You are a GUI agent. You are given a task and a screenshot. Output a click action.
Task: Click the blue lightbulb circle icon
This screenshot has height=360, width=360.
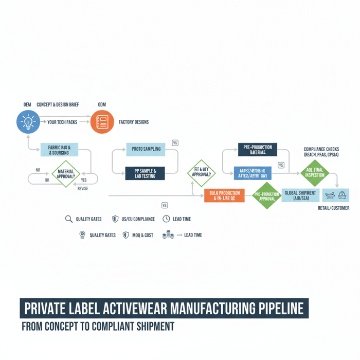pyautogui.click(x=28, y=122)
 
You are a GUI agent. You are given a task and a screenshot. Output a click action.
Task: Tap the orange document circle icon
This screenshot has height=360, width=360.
pyautogui.click(x=102, y=122)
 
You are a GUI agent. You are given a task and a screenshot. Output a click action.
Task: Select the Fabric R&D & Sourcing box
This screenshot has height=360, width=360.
pyautogui.click(x=60, y=150)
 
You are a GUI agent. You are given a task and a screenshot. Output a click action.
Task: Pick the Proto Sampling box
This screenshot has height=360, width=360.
pyautogui.click(x=146, y=149)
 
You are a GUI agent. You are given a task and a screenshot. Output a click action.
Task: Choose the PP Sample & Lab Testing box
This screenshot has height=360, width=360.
pyautogui.click(x=146, y=173)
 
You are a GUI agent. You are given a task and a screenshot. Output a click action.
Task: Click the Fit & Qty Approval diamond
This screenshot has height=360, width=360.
pyautogui.click(x=201, y=172)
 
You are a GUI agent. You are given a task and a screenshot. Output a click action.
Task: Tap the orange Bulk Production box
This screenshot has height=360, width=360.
pyautogui.click(x=224, y=195)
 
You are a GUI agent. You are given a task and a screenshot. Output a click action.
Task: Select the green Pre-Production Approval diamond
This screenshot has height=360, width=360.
pyautogui.click(x=266, y=195)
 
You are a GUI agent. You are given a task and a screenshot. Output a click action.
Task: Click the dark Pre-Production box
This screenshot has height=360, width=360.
pyautogui.click(x=257, y=150)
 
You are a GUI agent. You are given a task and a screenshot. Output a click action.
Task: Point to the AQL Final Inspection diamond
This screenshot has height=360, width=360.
pyautogui.click(x=314, y=172)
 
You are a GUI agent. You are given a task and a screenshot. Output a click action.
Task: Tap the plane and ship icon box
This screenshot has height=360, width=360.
pyautogui.click(x=335, y=195)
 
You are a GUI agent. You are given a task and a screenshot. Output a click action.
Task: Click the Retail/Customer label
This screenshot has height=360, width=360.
pyautogui.click(x=334, y=208)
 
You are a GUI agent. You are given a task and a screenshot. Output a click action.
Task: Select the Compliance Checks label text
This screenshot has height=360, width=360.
pyautogui.click(x=321, y=149)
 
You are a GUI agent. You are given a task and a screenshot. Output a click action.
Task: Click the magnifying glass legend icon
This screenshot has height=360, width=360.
pyautogui.click(x=68, y=219)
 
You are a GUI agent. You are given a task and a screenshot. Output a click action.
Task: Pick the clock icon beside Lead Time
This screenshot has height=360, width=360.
pyautogui.click(x=166, y=219)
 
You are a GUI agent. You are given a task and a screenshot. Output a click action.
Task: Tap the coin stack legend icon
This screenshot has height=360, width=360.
pyautogui.click(x=168, y=235)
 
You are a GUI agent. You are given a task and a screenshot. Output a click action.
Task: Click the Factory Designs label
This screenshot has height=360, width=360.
pyautogui.click(x=133, y=122)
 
